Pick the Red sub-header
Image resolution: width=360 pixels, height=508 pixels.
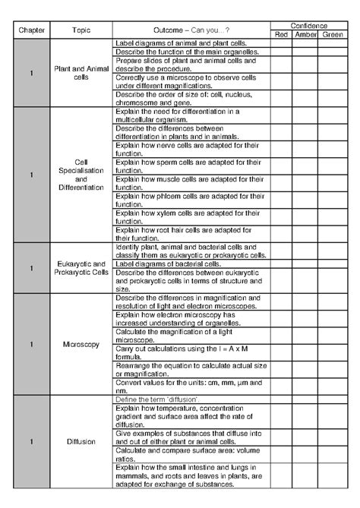[x=282, y=34]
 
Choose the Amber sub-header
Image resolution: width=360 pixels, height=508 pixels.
[x=307, y=34]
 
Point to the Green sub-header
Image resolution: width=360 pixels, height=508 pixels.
[x=333, y=34]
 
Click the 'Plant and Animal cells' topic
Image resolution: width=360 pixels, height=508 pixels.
[x=81, y=73]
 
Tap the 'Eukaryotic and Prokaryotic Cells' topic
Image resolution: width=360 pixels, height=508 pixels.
[x=81, y=268]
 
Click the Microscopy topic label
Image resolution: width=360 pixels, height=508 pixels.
[x=81, y=344]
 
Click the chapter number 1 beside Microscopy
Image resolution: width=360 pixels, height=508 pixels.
[x=31, y=344]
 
